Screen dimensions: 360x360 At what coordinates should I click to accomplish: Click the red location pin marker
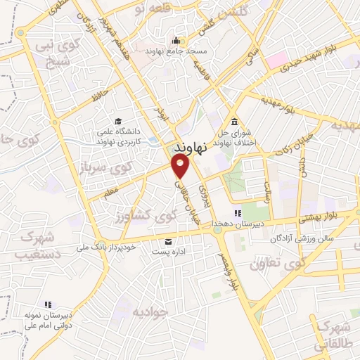tap(181, 166)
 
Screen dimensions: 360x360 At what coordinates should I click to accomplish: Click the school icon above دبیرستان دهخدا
tap(238, 213)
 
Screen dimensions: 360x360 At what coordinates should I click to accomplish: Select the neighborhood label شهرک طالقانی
tap(334, 336)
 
